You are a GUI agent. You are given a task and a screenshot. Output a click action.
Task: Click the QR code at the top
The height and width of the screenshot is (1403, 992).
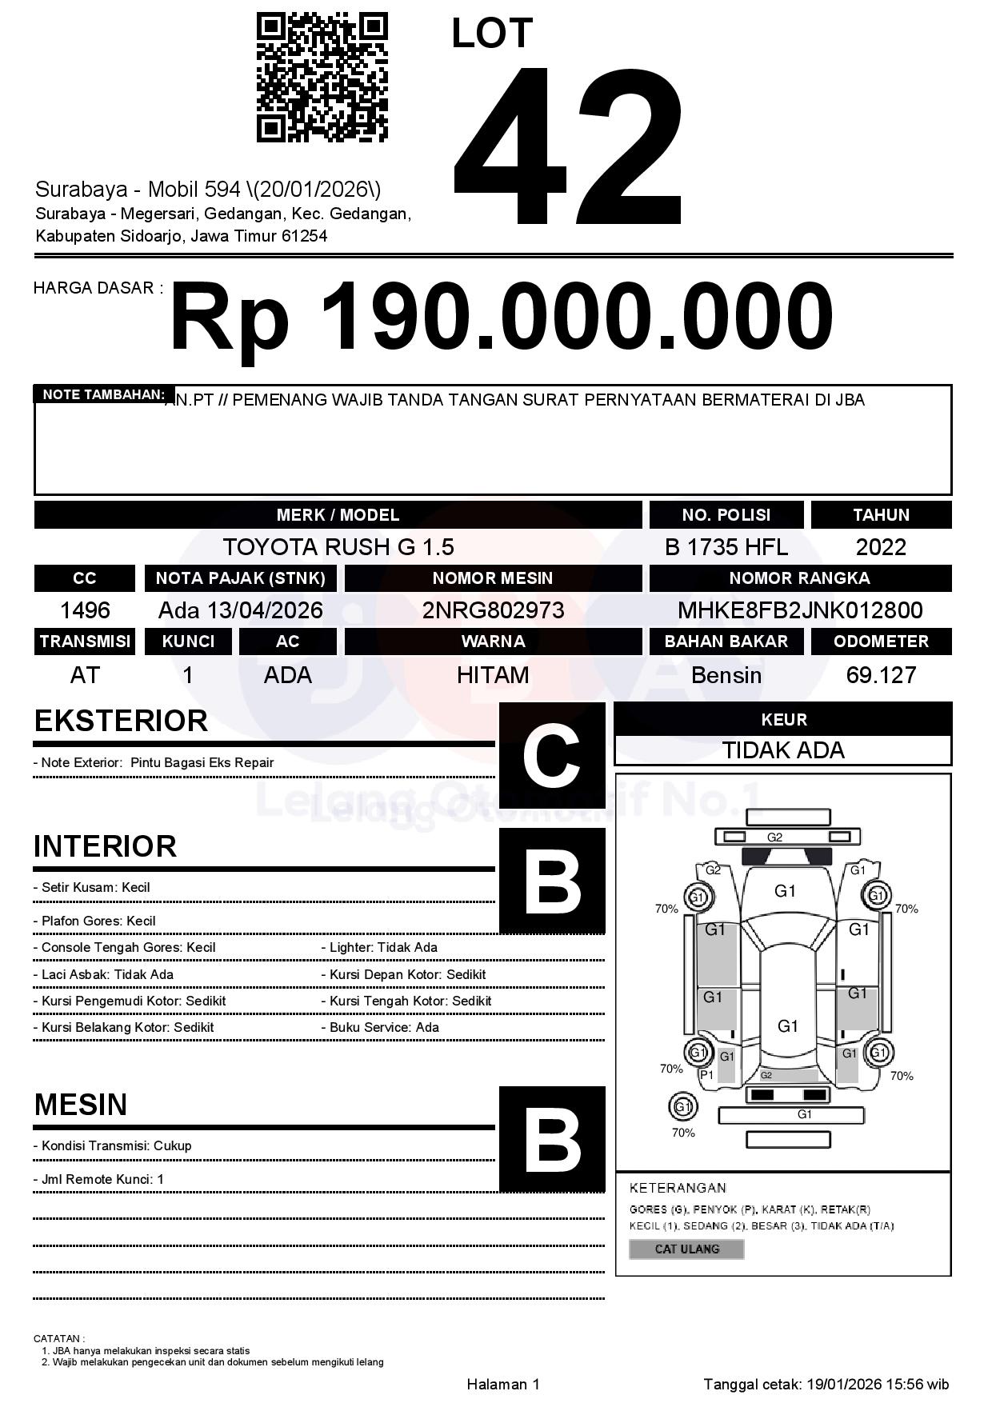[322, 78]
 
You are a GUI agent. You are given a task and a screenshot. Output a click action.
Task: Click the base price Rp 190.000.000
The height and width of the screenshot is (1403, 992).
[502, 318]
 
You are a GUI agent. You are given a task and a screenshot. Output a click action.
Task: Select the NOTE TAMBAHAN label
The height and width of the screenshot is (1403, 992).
[103, 394]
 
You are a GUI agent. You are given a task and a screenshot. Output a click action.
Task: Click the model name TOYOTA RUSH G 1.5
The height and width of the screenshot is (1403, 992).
[338, 547]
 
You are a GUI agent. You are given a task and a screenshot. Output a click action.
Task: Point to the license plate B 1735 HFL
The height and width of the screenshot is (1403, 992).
[726, 547]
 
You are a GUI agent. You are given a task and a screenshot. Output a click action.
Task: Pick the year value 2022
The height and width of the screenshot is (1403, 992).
[881, 547]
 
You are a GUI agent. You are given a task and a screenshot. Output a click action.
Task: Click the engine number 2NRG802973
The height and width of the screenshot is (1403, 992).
[493, 610]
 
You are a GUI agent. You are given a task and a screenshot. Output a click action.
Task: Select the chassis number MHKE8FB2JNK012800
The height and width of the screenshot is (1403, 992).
[800, 610]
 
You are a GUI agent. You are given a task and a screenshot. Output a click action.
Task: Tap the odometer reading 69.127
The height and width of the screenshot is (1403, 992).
[881, 675]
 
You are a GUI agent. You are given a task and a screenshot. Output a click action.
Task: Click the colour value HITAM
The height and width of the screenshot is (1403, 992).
[493, 675]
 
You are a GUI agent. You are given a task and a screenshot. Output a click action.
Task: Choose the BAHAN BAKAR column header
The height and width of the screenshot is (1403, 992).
[726, 642]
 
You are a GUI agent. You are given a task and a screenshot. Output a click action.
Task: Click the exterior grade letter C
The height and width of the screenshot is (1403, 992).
[552, 755]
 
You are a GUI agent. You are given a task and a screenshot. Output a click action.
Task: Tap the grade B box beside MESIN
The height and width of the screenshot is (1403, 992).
[552, 1138]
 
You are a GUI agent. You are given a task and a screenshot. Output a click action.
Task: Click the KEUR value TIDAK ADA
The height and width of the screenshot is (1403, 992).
[783, 750]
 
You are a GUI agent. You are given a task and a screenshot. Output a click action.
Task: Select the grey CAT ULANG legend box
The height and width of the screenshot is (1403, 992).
[686, 1249]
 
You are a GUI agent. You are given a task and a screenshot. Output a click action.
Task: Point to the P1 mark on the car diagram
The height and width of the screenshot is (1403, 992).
[706, 1075]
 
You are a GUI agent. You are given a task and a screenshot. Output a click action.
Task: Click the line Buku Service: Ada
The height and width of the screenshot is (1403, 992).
[384, 1027]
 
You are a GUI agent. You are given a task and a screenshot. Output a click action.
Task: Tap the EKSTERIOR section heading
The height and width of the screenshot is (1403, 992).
[121, 721]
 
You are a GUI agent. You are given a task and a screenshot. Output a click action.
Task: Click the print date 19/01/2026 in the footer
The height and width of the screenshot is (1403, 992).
[844, 1384]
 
